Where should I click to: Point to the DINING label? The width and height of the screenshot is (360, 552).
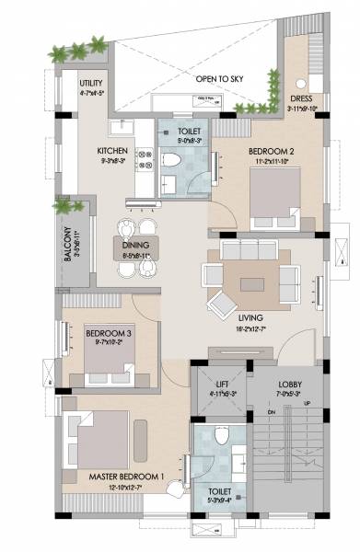coord(136,247)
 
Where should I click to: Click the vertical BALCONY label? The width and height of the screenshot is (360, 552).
coord(69,244)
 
